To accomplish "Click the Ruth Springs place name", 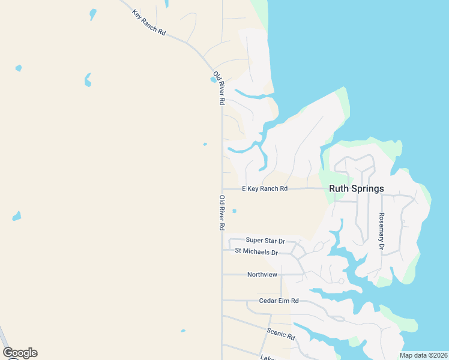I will (x=357, y=188).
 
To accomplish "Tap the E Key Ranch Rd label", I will (x=265, y=188).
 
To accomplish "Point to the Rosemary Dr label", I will (x=381, y=232).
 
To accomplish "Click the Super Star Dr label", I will (x=265, y=240).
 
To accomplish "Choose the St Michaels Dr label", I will (x=256, y=251).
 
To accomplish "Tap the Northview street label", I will (x=262, y=274).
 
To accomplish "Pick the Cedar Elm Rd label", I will (x=279, y=301).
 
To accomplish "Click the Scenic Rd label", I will (x=282, y=334).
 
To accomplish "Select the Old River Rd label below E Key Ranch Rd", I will (x=221, y=213).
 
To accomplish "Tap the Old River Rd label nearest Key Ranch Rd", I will (x=221, y=89).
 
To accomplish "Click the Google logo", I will (x=20, y=353).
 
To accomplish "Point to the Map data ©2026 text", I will (x=424, y=355).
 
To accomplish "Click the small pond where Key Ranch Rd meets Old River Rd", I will (x=214, y=79).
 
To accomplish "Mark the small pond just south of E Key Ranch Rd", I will (x=234, y=211).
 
